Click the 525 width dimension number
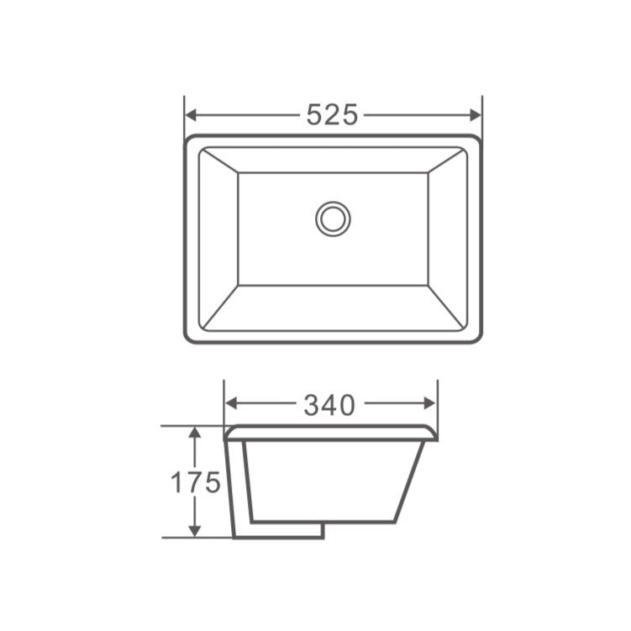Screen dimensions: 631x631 332,114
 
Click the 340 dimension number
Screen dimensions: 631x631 329,406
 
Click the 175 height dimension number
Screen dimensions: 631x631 196,482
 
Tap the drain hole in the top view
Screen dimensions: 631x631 333,218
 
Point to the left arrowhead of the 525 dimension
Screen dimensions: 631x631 191,114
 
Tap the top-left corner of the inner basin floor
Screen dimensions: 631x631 239,173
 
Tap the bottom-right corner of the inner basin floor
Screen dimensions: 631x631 428,285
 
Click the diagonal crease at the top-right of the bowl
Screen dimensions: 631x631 447,160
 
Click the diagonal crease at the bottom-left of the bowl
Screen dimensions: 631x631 221,307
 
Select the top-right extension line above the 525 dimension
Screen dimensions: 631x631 481,109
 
